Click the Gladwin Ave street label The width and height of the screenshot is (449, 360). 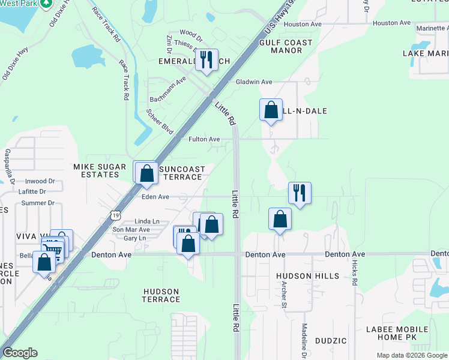tap(254, 82)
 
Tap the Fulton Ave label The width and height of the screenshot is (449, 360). tap(204, 139)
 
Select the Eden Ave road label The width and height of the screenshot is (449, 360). tap(155, 196)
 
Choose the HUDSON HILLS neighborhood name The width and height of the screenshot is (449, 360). tap(307, 276)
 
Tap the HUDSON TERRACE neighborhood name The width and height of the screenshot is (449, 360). tap(161, 295)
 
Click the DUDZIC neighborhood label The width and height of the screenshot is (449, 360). tap(330, 341)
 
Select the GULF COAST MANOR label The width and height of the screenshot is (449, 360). tap(286, 46)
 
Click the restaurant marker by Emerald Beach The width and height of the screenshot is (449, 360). tap(207, 59)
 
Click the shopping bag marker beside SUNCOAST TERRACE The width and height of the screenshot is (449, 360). tap(146, 173)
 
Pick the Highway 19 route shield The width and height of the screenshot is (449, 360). tap(115, 214)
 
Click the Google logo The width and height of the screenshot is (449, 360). tap(20, 353)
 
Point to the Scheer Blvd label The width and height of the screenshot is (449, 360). tap(160, 121)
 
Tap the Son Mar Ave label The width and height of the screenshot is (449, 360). tap(131, 230)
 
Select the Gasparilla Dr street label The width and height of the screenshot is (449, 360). tap(8, 166)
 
